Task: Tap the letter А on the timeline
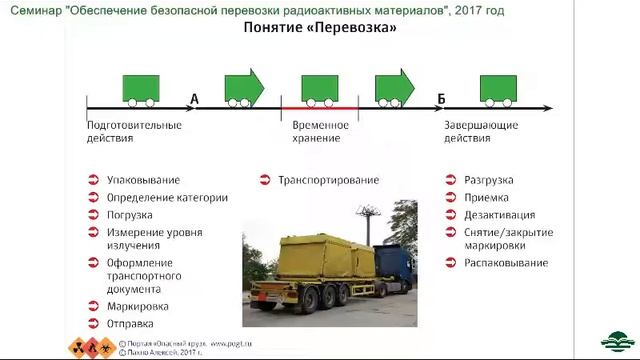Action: (193, 98)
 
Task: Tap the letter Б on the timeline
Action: (440, 98)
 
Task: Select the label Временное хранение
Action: (320, 132)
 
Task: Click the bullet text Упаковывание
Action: (143, 180)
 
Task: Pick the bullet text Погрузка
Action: (129, 215)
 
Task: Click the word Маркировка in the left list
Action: (137, 306)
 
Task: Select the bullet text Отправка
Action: (130, 323)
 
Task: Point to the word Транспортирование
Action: (328, 180)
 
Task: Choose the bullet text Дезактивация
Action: (499, 215)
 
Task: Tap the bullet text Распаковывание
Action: (505, 263)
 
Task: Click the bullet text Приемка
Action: (486, 197)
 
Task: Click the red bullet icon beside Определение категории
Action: (92, 198)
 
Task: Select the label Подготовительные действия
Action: (133, 132)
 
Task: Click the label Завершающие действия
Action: (482, 132)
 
